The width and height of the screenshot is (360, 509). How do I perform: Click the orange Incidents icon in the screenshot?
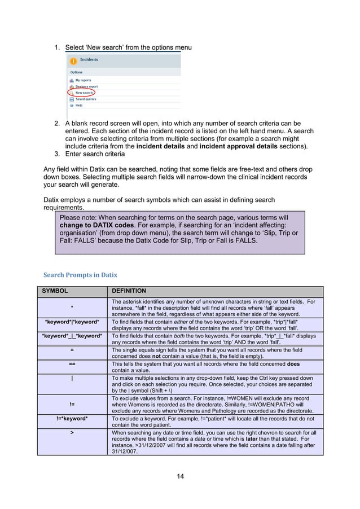click(72, 60)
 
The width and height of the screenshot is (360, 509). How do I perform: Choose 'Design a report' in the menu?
click(86, 86)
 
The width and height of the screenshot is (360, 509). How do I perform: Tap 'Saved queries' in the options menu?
click(86, 99)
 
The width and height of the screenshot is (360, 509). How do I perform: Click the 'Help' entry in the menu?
click(78, 105)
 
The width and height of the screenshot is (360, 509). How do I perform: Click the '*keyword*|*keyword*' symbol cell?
click(72, 321)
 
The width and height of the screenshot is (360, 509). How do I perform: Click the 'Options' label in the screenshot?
click(76, 72)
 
